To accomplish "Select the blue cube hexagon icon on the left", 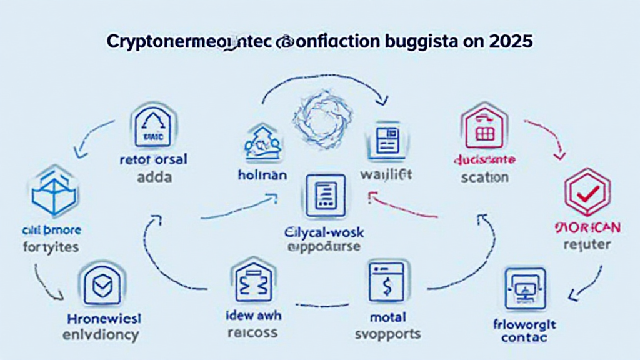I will [x=52, y=190].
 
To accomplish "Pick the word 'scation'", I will [x=484, y=177].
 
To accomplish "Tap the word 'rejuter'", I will [x=586, y=244].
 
